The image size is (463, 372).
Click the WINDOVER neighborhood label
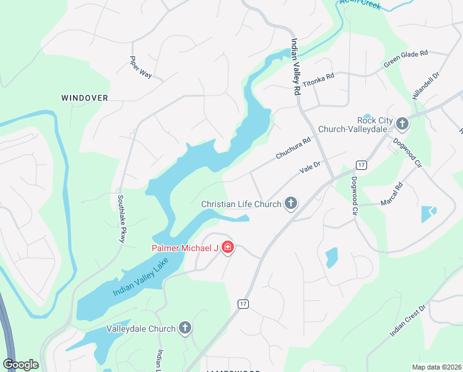(85, 98)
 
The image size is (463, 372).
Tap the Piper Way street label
(141, 67)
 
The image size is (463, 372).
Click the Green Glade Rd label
(406, 59)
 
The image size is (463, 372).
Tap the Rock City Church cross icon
(402, 124)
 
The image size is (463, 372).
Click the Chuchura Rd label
(293, 149)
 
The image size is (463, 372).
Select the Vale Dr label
(309, 167)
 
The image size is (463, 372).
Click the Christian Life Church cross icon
(290, 203)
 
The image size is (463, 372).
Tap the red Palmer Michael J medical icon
(228, 248)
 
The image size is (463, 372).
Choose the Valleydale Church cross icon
(184, 328)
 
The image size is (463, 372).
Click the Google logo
(21, 365)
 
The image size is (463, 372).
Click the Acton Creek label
(360, 3)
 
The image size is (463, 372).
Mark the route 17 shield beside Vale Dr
(361, 164)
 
